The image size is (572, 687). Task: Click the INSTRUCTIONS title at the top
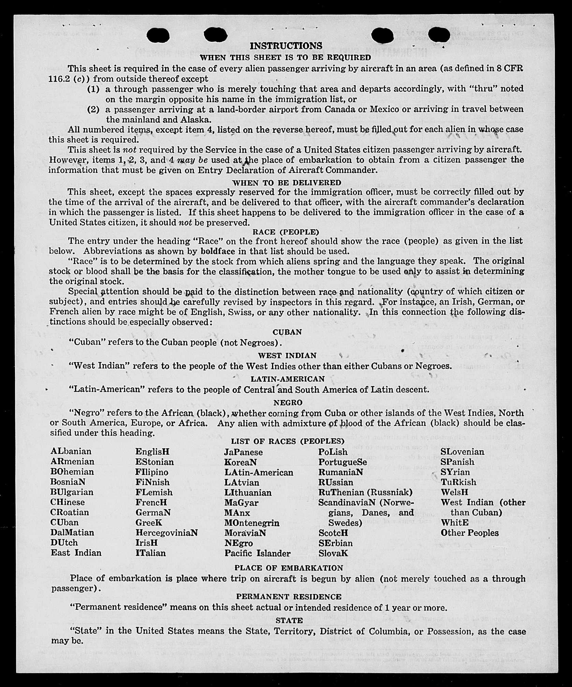click(x=286, y=46)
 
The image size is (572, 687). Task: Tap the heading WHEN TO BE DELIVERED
click(x=287, y=183)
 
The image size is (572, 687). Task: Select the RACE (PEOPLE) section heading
click(x=285, y=232)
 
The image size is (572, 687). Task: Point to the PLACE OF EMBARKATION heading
click(x=289, y=568)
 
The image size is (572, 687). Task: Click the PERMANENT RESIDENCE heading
click(x=289, y=597)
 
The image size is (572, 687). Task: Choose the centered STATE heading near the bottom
click(x=289, y=620)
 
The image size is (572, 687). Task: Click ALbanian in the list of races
click(x=71, y=451)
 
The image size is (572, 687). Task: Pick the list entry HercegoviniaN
click(x=166, y=533)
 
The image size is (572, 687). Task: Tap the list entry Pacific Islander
click(x=258, y=553)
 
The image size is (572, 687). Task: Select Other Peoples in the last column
click(x=469, y=533)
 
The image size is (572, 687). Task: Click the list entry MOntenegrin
click(x=252, y=523)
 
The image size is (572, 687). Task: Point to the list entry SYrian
click(x=455, y=472)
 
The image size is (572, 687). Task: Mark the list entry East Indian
click(x=76, y=553)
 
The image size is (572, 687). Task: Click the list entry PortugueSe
click(x=342, y=462)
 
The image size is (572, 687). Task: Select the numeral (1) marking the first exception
click(x=93, y=89)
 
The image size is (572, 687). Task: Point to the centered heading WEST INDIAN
click(x=287, y=356)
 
